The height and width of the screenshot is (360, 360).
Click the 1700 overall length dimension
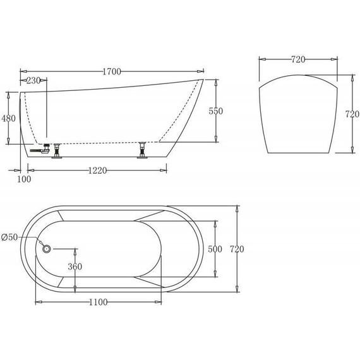pyautogui.click(x=111, y=71)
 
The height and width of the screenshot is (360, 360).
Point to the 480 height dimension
pyautogui.click(x=8, y=118)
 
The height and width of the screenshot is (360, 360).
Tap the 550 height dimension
pyautogui.click(x=215, y=111)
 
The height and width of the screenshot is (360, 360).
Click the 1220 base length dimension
pyautogui.click(x=97, y=170)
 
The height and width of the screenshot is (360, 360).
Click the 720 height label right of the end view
pyautogui.click(x=351, y=116)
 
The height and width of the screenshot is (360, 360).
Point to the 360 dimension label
pyautogui.click(x=75, y=267)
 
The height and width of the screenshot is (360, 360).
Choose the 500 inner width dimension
pyautogui.click(x=215, y=249)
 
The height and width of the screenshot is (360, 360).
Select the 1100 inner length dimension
pyautogui.click(x=99, y=303)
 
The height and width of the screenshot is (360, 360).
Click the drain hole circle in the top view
pyautogui.click(x=46, y=248)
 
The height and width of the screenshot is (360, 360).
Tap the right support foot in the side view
pyautogui.click(x=143, y=152)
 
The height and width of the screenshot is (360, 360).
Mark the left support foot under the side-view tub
pyautogui.click(x=57, y=152)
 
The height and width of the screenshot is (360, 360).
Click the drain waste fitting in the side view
pyautogui.click(x=39, y=150)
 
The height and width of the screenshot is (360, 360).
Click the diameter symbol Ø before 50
pyautogui.click(x=5, y=237)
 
